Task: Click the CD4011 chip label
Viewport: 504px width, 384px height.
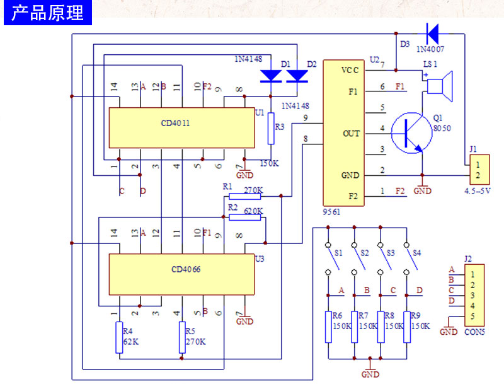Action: pyautogui.click(x=175, y=123)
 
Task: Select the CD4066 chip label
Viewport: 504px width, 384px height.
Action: pyautogui.click(x=186, y=269)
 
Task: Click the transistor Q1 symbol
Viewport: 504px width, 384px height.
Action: pyautogui.click(x=411, y=133)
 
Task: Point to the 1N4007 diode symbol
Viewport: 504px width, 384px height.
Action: pyautogui.click(x=432, y=33)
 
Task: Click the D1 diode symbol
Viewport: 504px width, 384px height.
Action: pyautogui.click(x=271, y=76)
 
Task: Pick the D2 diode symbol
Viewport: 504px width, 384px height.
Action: pyautogui.click(x=297, y=76)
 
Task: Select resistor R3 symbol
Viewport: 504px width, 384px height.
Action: pyautogui.click(x=271, y=129)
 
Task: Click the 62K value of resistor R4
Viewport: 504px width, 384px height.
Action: pyautogui.click(x=131, y=342)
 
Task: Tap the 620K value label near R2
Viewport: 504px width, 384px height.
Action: pyautogui.click(x=253, y=211)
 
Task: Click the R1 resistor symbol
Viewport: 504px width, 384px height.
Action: pyautogui.click(x=244, y=196)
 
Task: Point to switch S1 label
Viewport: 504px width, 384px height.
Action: pyautogui.click(x=338, y=253)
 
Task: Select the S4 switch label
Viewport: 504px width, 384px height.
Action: pyautogui.click(x=417, y=253)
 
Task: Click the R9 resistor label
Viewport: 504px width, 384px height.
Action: pyautogui.click(x=416, y=315)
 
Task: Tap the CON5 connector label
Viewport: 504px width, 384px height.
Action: pyautogui.click(x=474, y=332)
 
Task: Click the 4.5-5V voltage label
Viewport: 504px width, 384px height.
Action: pyautogui.click(x=478, y=191)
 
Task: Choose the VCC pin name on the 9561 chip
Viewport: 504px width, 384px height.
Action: pyautogui.click(x=350, y=70)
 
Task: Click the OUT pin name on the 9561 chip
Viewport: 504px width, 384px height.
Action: pyautogui.click(x=352, y=134)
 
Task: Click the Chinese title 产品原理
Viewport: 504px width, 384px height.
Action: pyautogui.click(x=48, y=13)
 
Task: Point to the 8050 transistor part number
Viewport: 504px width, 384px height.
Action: pyautogui.click(x=442, y=129)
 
